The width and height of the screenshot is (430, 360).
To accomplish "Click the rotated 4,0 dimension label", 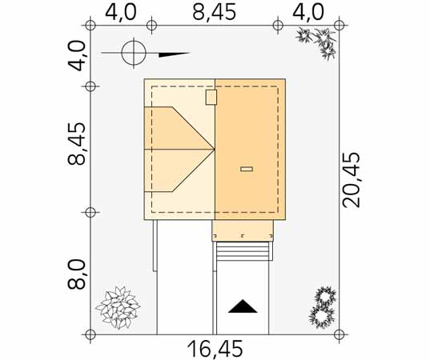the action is (x=76, y=56).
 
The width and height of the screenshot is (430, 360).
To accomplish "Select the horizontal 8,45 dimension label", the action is (x=214, y=12).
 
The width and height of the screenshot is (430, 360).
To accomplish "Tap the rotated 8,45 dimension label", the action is (x=76, y=144).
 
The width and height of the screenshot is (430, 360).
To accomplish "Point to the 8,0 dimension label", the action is (x=76, y=274).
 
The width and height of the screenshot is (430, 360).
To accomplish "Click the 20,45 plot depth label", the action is (x=351, y=180).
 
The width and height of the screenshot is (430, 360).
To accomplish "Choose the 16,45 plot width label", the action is (x=215, y=349).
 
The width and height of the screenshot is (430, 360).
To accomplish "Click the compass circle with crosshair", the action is (x=134, y=53).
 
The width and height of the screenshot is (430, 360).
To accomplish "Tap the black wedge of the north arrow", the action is (x=174, y=54).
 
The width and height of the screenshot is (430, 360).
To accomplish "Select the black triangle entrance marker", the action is (x=243, y=306).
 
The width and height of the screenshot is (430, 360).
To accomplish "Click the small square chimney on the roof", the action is (x=211, y=97).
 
